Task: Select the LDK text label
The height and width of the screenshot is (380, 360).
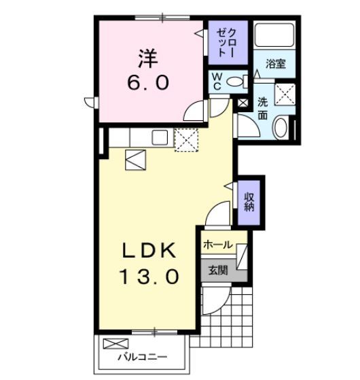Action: (x=150, y=250)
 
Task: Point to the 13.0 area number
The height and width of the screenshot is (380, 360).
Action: (x=150, y=276)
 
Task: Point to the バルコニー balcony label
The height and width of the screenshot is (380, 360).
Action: (x=142, y=356)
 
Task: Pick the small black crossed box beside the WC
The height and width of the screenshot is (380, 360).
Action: (x=244, y=103)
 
